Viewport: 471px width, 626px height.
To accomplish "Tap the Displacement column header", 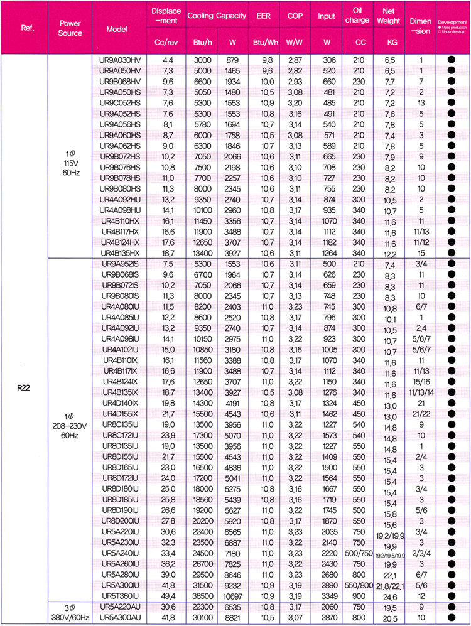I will pyautogui.click(x=165, y=18).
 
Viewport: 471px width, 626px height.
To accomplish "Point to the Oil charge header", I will pyautogui.click(x=357, y=18).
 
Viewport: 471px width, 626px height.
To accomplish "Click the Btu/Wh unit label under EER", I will pyautogui.click(x=259, y=43).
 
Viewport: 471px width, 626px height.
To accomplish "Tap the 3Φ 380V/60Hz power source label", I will pyautogui.click(x=70, y=611).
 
